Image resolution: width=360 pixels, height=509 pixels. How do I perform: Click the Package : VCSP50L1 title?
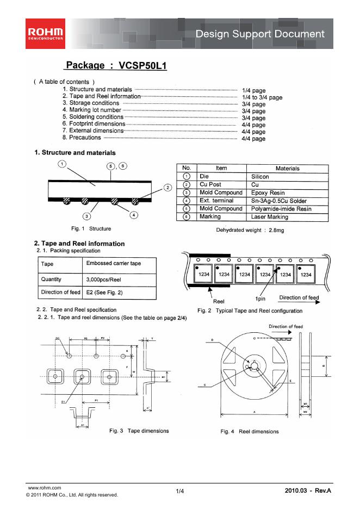click(x=116, y=66)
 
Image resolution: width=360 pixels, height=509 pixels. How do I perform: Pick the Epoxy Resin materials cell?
click(x=268, y=193)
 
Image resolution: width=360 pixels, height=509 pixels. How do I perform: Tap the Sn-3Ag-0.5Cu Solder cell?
click(x=279, y=201)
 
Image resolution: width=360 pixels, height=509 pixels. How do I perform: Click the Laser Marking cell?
click(x=270, y=216)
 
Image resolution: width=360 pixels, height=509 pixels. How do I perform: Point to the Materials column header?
click(x=287, y=169)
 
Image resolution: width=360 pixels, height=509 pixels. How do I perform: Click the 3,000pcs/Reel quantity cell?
click(x=103, y=279)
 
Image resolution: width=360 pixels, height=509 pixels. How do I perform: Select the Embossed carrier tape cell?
click(x=114, y=264)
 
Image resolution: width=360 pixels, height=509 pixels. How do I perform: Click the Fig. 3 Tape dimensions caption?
click(x=139, y=431)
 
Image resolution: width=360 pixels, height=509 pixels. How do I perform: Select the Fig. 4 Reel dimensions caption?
click(x=250, y=431)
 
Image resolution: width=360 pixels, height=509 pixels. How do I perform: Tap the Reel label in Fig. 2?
click(x=219, y=301)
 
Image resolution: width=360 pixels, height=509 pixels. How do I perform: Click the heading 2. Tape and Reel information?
click(x=79, y=243)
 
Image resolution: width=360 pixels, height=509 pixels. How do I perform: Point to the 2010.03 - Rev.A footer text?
click(x=307, y=491)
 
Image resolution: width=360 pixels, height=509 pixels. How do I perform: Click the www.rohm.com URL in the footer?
click(x=44, y=488)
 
